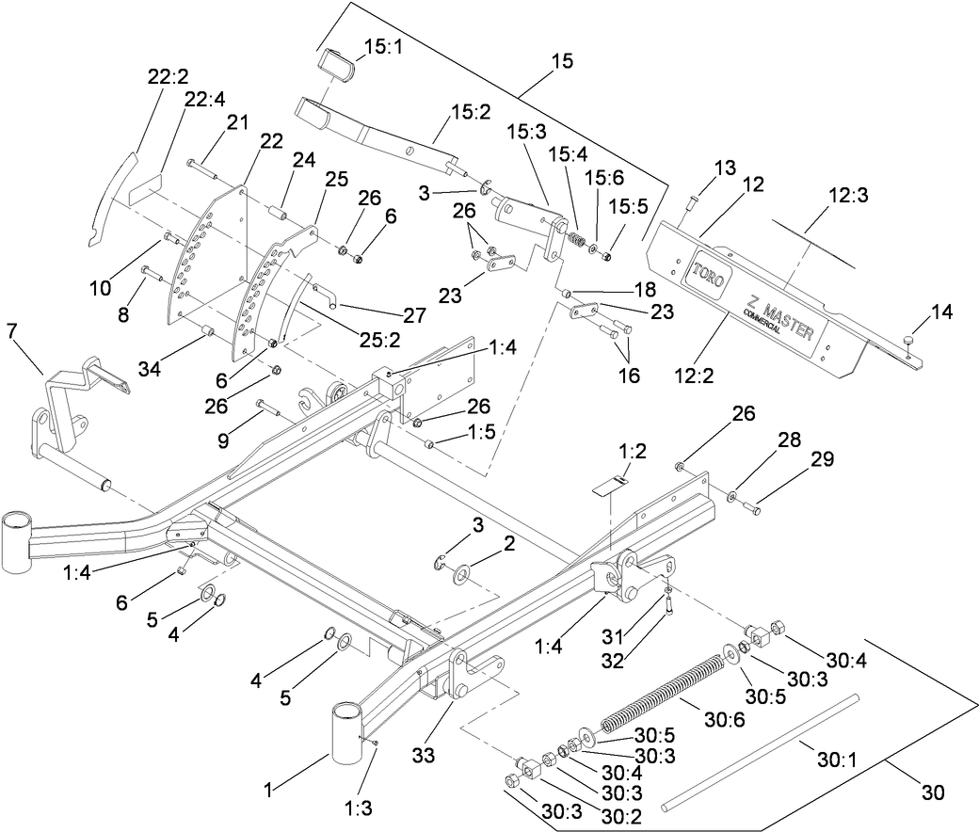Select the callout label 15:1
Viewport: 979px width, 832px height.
point(383,44)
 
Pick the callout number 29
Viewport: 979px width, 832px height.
point(823,460)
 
